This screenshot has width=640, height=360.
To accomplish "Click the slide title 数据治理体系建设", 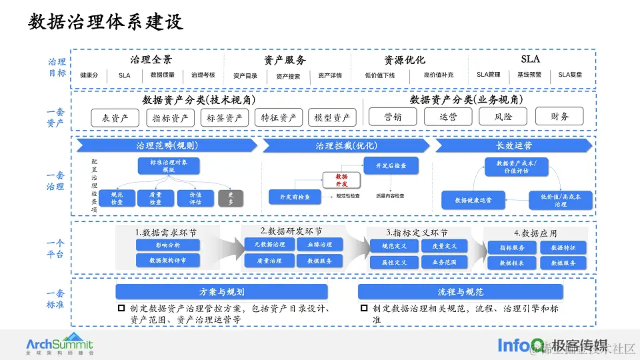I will coord(105,22).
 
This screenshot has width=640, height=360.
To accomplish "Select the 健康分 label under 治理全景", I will coord(89,75).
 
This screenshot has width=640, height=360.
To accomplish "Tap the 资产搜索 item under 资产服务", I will coord(288,76).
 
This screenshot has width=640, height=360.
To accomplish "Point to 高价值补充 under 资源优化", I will coord(438,75).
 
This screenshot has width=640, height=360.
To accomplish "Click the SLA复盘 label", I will coord(570,75).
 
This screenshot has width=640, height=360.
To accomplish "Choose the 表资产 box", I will coord(115,117).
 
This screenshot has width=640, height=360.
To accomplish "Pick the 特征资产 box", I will coord(279,117).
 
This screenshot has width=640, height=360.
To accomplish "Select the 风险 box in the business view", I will coord(503,116).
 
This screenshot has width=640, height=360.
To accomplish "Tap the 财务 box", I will coord(559,116).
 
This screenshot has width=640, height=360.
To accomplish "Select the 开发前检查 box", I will coord(294,197).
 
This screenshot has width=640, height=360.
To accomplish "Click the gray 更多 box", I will coord(231,198).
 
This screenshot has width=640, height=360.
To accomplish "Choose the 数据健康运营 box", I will coord(473,199).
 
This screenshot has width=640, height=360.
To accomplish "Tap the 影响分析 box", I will coord(159,245).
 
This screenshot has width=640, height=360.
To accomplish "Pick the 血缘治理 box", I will coord(319,245).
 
